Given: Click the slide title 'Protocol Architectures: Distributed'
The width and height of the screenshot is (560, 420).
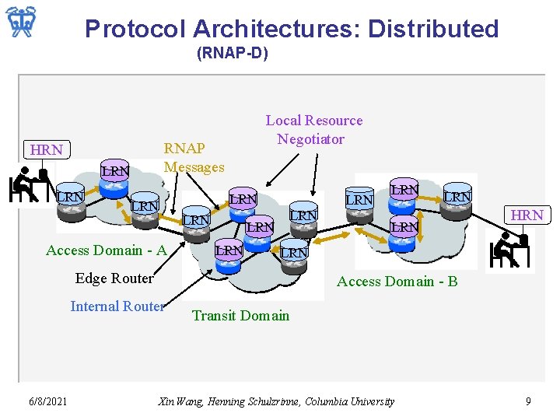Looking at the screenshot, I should [x=292, y=29].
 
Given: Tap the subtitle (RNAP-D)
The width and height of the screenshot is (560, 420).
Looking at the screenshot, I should [x=233, y=54].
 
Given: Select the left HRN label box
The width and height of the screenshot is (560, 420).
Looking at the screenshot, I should [x=46, y=149].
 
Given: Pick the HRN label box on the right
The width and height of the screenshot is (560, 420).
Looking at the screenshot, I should [x=527, y=215].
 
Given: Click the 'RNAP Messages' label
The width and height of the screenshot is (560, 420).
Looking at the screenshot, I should [x=194, y=157].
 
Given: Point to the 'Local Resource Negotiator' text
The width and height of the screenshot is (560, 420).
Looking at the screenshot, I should [x=313, y=129].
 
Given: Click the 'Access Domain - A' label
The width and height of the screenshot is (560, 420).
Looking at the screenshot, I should [x=107, y=250].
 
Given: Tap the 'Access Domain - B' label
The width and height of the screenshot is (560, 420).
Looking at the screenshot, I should [x=397, y=282].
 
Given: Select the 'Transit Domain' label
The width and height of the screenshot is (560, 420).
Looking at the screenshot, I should [x=240, y=315].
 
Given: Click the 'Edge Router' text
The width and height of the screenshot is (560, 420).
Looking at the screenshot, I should [x=114, y=278].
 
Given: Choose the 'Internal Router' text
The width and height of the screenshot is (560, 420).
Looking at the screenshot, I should [x=117, y=306].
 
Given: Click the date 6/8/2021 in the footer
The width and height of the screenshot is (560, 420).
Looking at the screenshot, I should [x=47, y=401].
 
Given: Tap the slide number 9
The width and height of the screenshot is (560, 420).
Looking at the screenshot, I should [x=528, y=401].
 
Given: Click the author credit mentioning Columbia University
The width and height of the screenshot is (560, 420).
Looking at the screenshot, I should [x=276, y=401].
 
